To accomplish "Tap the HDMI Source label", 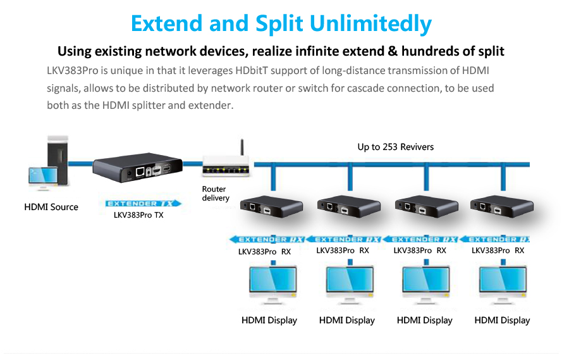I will [51, 207].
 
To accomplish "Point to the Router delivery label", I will [216, 194].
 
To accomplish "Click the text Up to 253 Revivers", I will [396, 147].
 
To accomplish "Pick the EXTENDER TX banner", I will [142, 203].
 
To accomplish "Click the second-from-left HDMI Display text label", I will [347, 320].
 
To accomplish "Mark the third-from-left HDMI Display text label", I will [425, 320].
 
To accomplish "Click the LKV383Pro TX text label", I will [138, 215].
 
